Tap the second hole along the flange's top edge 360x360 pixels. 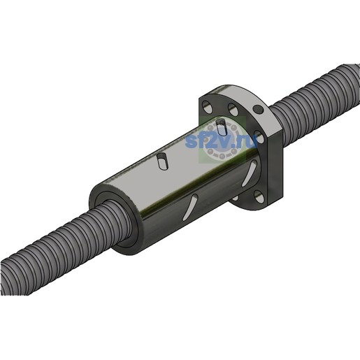pos(233,109)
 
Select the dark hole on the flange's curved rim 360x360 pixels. pos(258,109)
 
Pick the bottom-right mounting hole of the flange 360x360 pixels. pos(259,196)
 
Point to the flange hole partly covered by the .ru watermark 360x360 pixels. pos(259,137)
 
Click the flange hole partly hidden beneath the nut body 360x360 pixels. pos(235,198)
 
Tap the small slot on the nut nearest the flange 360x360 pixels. pos(221,127)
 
